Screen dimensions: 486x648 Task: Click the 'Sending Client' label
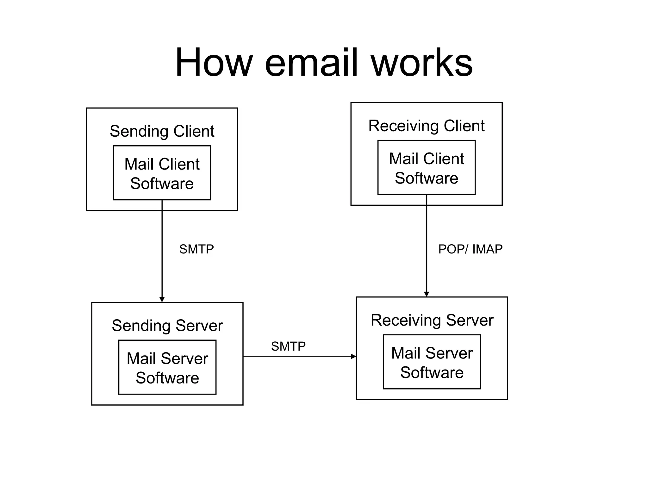tap(162, 131)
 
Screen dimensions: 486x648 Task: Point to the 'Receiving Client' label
tap(426, 126)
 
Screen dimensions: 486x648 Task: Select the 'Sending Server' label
tap(167, 326)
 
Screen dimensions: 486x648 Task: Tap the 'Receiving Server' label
tap(432, 320)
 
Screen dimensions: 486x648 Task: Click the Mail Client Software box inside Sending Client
tap(162, 173)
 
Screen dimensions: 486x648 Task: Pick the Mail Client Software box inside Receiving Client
tap(426, 168)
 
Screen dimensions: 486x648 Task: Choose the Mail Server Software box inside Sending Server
tap(167, 367)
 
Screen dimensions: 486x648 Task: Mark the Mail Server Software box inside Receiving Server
tap(432, 362)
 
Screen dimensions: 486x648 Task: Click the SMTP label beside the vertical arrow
tap(196, 249)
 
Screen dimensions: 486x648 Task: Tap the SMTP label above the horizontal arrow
tap(288, 346)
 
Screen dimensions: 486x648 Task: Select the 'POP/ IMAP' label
tap(470, 249)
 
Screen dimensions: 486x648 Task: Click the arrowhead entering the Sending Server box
tap(162, 300)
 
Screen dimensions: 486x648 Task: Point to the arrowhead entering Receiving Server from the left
tap(353, 357)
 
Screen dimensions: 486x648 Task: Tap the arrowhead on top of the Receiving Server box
tap(426, 294)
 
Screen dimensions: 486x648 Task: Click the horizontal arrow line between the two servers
tap(297, 357)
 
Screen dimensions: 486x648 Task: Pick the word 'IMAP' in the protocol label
tap(487, 249)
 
